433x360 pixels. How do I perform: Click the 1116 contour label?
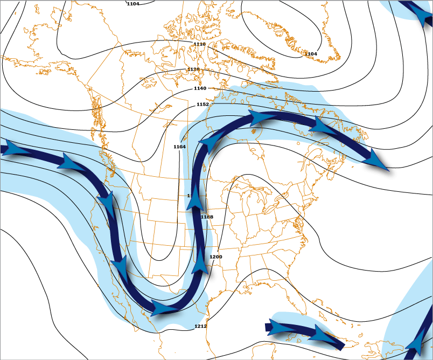point(199,44)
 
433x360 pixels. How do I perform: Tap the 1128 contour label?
point(193,70)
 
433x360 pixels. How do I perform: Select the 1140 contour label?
point(200,88)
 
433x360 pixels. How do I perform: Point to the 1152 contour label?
point(202,104)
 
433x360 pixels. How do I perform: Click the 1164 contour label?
point(180,147)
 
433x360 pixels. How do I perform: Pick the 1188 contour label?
point(207,217)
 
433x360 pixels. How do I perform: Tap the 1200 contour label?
point(215,257)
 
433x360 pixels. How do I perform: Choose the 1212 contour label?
point(200,326)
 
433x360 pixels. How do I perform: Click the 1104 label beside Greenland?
point(311,54)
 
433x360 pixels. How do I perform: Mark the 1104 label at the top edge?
point(133,4)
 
